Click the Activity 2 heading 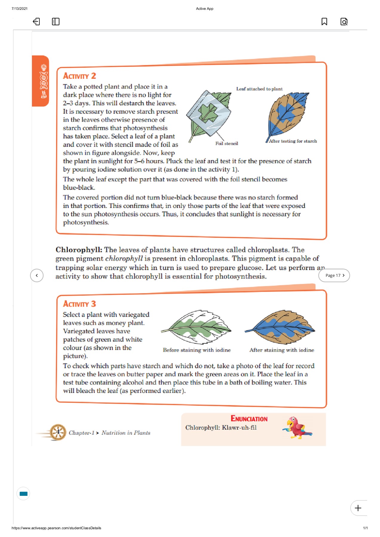pyautogui.click(x=79, y=76)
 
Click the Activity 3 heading pyautogui.click(x=79, y=304)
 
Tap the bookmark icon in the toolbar pyautogui.click(x=324, y=21)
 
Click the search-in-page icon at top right pyautogui.click(x=344, y=21)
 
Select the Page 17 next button pyautogui.click(x=334, y=275)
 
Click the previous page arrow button pyautogui.click(x=37, y=275)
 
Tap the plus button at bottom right pyautogui.click(x=358, y=508)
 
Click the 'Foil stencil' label pyautogui.click(x=227, y=143)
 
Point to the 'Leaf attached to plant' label pyautogui.click(x=259, y=89)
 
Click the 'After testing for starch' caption pyautogui.click(x=293, y=141)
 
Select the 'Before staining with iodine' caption pyautogui.click(x=197, y=350)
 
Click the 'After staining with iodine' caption pyautogui.click(x=281, y=350)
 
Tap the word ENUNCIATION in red pyautogui.click(x=249, y=419)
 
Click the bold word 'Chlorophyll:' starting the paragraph pyautogui.click(x=79, y=250)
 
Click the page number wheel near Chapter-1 pyautogui.click(x=58, y=432)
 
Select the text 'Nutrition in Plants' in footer pyautogui.click(x=126, y=433)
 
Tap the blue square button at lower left pyautogui.click(x=23, y=493)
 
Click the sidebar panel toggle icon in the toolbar pyautogui.click(x=56, y=21)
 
